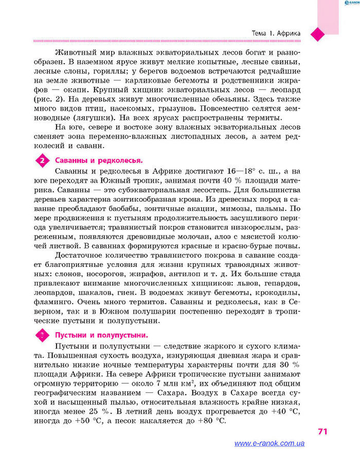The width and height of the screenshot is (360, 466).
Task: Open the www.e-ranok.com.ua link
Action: tap(269, 443)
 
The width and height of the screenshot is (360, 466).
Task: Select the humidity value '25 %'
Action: tap(95, 411)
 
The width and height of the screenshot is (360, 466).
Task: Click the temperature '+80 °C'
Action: tap(212, 420)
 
